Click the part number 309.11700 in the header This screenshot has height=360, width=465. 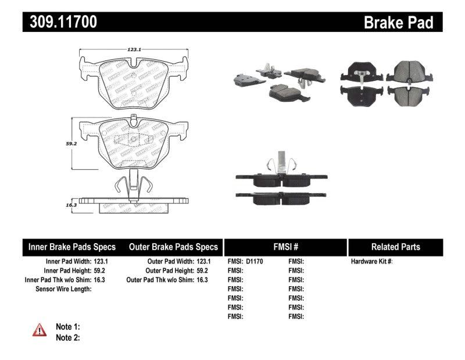[60, 22]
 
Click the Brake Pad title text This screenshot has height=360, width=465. [398, 22]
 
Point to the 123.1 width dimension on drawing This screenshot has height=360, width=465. [135, 50]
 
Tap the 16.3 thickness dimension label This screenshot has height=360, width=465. [71, 205]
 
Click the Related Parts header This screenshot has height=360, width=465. [396, 247]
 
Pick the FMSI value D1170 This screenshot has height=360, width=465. [255, 262]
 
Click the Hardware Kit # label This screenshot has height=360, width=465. [372, 262]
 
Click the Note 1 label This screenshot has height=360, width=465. [67, 327]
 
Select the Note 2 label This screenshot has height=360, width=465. [67, 337]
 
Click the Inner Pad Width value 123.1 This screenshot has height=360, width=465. [101, 262]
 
